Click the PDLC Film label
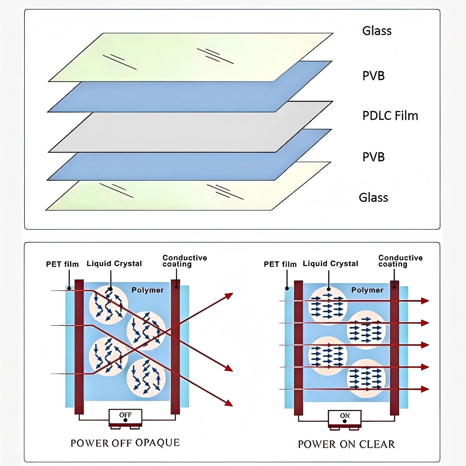[x=390, y=116]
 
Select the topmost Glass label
[x=376, y=31]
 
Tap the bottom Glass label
[x=373, y=197]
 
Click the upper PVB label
[x=373, y=76]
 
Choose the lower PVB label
[x=373, y=157]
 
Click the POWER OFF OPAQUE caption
[x=125, y=443]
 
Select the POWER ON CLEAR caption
[x=346, y=444]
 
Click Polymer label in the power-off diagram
[x=147, y=290]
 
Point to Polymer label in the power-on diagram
[x=367, y=290]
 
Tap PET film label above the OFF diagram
[x=62, y=264]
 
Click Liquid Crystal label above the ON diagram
[x=330, y=264]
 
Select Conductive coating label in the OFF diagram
[x=184, y=261]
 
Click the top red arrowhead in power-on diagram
[x=425, y=301]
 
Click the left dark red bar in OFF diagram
[x=79, y=346]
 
